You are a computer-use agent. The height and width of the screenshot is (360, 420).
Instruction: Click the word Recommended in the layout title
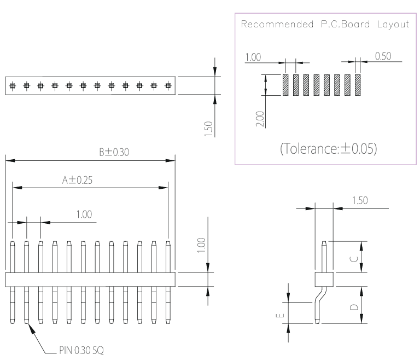coord(277,24)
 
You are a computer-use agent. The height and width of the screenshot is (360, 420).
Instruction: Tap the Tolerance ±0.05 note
coord(328,148)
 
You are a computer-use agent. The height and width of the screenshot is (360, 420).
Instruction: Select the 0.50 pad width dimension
coord(383,56)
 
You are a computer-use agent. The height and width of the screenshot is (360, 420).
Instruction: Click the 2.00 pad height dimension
coord(260,119)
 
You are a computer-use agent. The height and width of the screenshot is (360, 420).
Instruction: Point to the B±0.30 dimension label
coord(114,152)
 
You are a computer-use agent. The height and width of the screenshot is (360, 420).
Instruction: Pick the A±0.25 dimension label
coord(77,180)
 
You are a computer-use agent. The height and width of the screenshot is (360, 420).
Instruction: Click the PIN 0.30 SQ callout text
coord(81,350)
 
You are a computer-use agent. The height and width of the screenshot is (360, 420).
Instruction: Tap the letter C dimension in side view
coord(354,259)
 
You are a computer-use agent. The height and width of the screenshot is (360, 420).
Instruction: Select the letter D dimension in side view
coord(354,307)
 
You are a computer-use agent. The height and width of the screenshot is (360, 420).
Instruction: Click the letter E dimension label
coord(280,316)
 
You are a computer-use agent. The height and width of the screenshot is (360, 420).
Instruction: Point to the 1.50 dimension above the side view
coord(360,200)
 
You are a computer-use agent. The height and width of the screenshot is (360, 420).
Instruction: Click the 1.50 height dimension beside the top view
coord(208,129)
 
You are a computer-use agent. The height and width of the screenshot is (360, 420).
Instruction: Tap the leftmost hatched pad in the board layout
coord(285,85)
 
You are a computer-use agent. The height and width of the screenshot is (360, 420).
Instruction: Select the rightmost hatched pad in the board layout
coord(358,85)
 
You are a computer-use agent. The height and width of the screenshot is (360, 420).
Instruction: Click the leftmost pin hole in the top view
coord(13,86)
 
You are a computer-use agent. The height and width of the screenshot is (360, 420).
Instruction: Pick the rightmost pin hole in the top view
coord(168,86)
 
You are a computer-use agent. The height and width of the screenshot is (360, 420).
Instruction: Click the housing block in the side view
coord(324,280)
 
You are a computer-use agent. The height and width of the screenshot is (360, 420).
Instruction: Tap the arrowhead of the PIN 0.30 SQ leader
coord(31,328)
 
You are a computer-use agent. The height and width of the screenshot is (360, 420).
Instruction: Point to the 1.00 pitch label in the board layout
coord(253,57)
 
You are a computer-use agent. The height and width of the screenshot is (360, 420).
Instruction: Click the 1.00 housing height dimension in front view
coord(201,245)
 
